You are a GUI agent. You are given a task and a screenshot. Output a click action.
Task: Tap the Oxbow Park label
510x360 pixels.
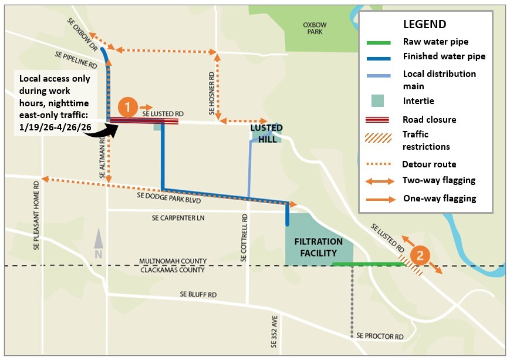coord(314,28)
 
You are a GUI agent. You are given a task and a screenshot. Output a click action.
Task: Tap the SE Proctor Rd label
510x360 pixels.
coord(380,337)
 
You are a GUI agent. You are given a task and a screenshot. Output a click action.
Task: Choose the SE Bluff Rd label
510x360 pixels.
coord(198,294)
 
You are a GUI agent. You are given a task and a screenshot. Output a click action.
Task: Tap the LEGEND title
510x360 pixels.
coord(424,25)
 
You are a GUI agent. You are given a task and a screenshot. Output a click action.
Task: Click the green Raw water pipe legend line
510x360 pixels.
coord(380,42)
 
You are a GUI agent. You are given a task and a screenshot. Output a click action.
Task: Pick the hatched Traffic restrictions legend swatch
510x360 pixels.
coord(380,139)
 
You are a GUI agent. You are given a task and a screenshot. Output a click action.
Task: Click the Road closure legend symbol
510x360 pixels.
coord(380,120)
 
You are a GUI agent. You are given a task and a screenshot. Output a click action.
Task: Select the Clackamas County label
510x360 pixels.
coord(172,270)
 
